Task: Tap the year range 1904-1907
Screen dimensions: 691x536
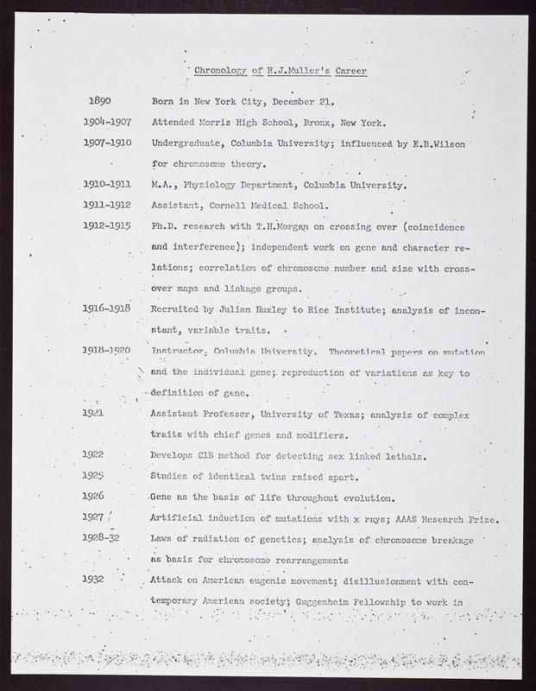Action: coord(108,122)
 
